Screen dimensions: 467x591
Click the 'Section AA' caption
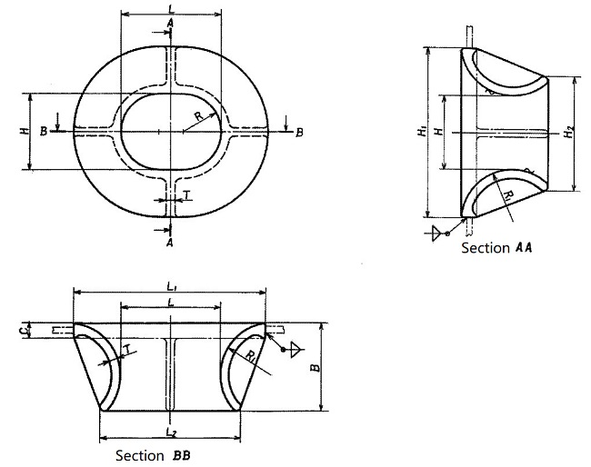[x=496, y=247]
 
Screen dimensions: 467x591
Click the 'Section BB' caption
[x=152, y=455]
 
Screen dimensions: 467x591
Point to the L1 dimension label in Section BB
[x=170, y=286]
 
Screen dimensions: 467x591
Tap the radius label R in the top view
[x=198, y=115]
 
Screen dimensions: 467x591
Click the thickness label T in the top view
[x=187, y=194]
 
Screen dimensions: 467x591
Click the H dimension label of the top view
[x=23, y=132]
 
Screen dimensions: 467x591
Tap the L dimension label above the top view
[x=170, y=8]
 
